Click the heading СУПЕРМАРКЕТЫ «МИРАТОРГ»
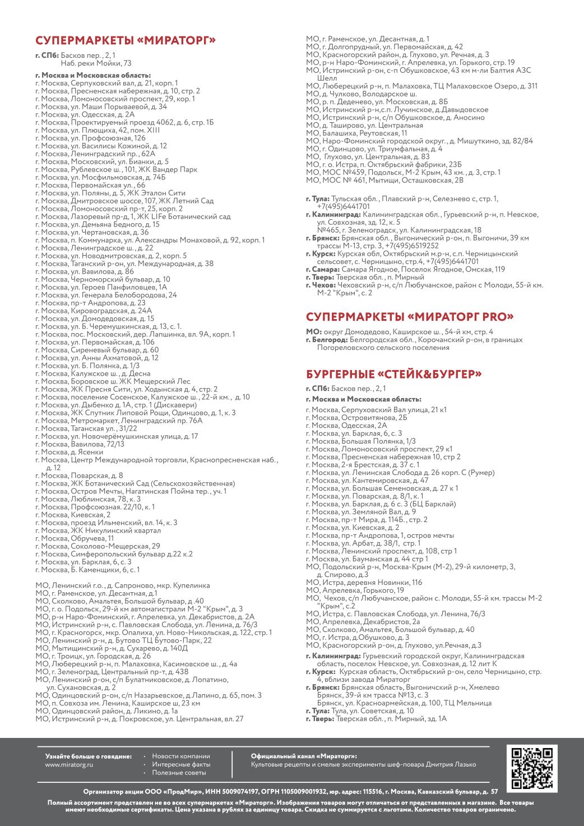(126, 40)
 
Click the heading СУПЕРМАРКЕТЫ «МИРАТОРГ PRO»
(410, 317)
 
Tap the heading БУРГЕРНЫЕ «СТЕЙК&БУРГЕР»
(394, 374)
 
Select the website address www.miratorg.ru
(69, 764)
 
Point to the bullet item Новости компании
(180, 756)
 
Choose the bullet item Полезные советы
(179, 773)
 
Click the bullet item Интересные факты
(181, 764)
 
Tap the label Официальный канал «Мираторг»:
(304, 756)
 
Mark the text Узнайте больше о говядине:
(89, 756)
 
